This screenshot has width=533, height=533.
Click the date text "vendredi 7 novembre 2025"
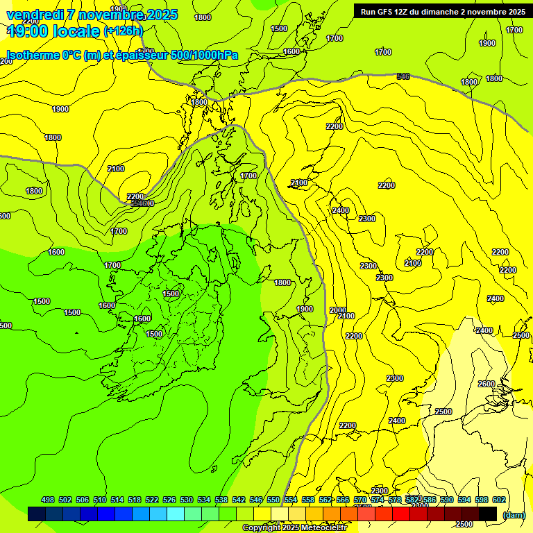click(92, 15)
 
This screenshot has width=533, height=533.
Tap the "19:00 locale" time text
click(53, 31)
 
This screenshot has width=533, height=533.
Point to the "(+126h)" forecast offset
click(123, 31)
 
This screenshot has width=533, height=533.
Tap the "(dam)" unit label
click(514, 514)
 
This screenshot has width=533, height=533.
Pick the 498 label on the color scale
click(48, 500)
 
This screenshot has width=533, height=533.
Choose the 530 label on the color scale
click(187, 500)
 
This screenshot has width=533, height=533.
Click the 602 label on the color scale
click(499, 500)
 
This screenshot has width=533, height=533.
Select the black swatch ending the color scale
click(488, 514)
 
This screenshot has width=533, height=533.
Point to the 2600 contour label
click(487, 384)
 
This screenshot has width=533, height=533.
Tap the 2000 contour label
click(338, 310)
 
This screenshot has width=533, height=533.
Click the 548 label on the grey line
click(403, 76)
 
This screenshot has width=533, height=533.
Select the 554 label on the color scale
click(291, 500)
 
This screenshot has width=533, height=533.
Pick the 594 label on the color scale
click(464, 500)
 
